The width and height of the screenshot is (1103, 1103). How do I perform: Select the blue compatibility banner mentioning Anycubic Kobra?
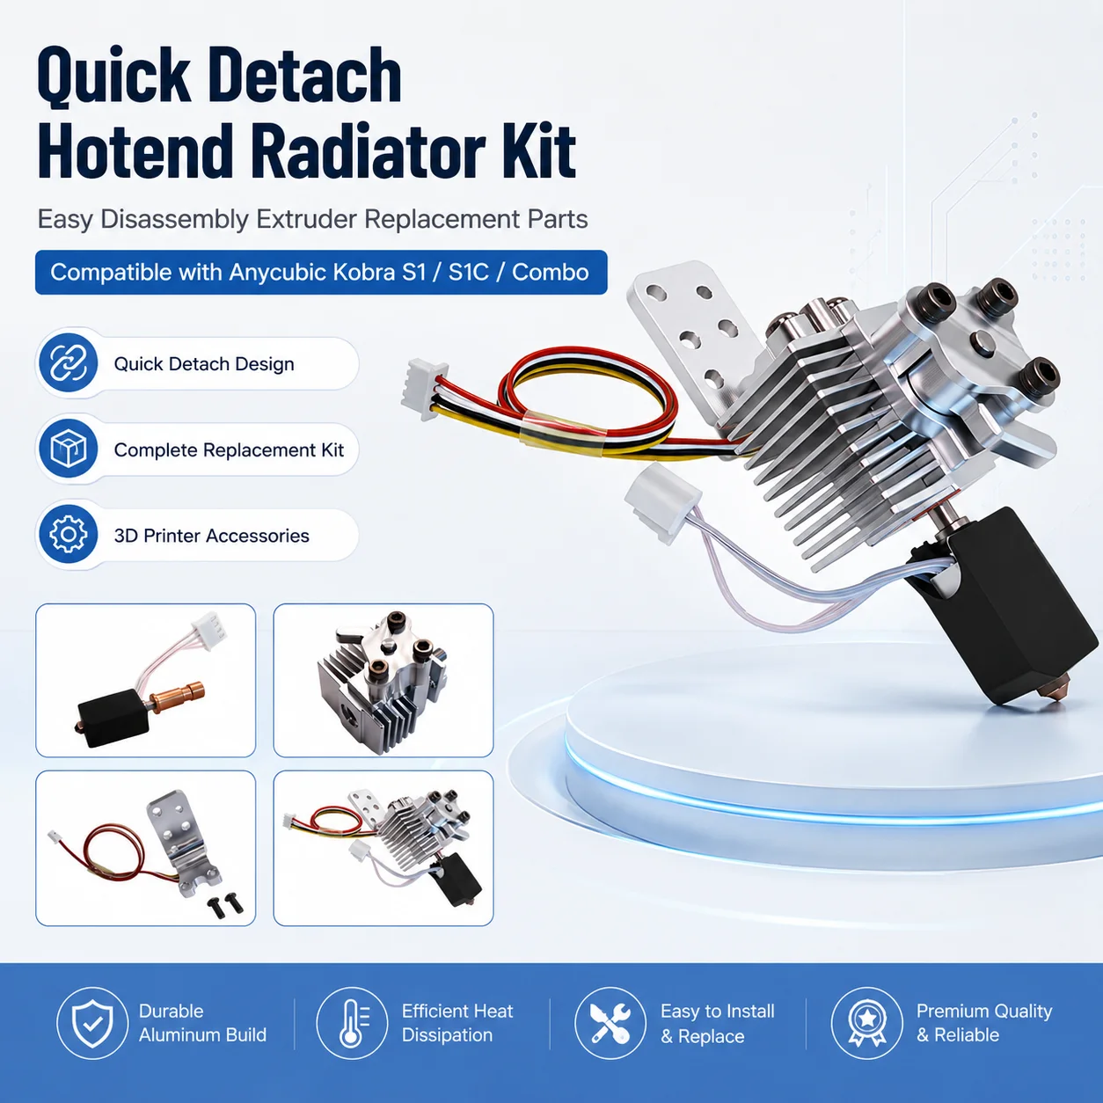click(321, 273)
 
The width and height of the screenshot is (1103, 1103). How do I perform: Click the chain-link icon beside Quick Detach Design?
click(69, 363)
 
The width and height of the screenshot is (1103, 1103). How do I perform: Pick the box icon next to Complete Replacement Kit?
click(69, 449)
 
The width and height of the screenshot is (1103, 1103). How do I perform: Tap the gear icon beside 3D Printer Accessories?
click(69, 535)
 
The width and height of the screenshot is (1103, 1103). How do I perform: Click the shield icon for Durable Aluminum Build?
click(92, 1023)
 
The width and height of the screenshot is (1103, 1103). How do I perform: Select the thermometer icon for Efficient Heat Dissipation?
click(352, 1023)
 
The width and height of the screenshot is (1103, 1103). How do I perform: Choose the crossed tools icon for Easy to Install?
click(610, 1023)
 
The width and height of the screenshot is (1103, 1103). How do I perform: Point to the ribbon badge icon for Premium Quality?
click(866, 1023)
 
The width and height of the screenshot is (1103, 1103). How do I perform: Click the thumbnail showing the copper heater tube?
click(145, 680)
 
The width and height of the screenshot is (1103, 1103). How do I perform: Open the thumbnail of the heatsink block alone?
click(383, 680)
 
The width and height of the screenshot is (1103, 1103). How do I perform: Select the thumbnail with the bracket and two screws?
click(145, 848)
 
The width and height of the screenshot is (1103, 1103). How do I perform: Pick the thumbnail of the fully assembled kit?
click(383, 848)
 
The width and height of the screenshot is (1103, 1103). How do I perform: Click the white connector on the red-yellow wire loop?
click(424, 389)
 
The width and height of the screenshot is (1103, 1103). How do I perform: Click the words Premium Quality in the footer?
click(984, 1012)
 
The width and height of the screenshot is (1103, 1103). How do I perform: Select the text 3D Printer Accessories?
click(211, 536)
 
